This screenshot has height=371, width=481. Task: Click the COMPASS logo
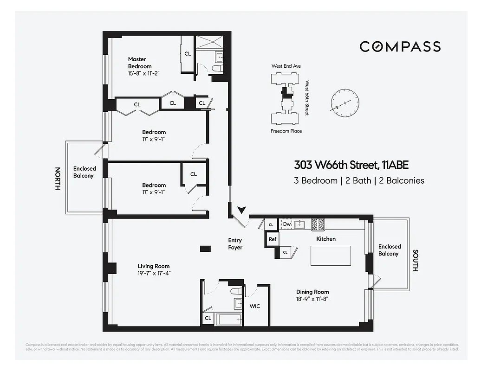pos(400,46)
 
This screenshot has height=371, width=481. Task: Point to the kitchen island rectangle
pos(331,256)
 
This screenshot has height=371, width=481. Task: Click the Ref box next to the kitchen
pos(273,239)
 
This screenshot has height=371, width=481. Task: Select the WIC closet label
pos(255,306)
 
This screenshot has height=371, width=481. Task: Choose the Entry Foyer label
pos(235,244)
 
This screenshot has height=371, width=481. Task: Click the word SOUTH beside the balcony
pos(415,261)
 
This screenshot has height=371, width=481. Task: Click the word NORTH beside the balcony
pos(58,179)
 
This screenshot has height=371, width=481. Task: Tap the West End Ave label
pos(286,66)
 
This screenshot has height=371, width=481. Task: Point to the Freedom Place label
pos(286,131)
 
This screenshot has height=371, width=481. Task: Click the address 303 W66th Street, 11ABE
pos(351,165)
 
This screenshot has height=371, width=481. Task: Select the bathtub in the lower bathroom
pos(228,319)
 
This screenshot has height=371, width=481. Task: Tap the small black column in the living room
pos(205,249)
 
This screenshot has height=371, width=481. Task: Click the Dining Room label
pos(312,292)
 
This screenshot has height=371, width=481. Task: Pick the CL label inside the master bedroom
pos(188,54)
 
